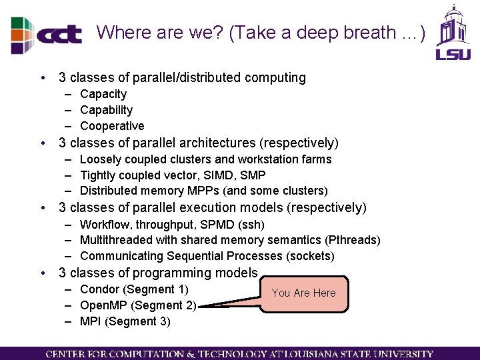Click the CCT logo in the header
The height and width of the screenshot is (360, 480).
click(47, 34)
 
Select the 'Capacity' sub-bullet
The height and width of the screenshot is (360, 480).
click(103, 94)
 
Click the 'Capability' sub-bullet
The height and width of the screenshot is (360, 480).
click(106, 110)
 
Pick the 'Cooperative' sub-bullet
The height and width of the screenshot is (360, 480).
click(111, 126)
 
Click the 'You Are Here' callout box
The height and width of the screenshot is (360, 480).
click(304, 293)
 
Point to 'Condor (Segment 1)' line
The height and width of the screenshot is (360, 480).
click(133, 289)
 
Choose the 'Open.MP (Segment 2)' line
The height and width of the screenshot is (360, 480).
click(137, 305)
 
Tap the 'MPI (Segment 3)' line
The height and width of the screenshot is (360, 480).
click(125, 321)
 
